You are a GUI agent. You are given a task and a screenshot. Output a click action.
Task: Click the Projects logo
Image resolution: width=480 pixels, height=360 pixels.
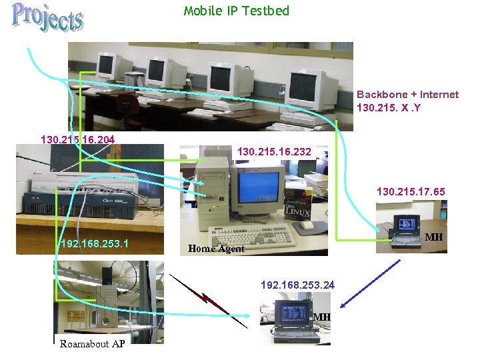pyautogui.click(x=48, y=18)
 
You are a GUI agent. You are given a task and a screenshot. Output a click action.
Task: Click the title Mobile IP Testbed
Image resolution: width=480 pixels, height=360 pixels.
pyautogui.click(x=237, y=11)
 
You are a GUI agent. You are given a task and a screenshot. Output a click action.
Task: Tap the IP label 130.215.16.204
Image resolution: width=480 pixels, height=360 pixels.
pyautogui.click(x=77, y=140)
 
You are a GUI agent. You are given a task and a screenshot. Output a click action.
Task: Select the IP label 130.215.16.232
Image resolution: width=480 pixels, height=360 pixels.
pyautogui.click(x=273, y=153)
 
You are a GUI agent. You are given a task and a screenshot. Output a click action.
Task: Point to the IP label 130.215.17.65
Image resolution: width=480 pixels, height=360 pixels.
pyautogui.click(x=411, y=191)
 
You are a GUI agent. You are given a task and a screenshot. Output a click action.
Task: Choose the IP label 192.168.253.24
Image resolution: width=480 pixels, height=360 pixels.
pyautogui.click(x=297, y=285)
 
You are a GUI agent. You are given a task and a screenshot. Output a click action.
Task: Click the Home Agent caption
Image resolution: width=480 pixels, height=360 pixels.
pyautogui.click(x=216, y=249)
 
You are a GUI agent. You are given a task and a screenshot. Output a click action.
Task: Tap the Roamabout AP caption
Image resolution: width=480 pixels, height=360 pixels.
pyautogui.click(x=91, y=344)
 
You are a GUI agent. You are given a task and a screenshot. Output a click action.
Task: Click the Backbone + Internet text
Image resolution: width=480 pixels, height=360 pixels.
pyautogui.click(x=407, y=95)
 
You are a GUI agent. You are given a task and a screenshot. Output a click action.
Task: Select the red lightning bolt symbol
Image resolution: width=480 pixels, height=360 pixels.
pyautogui.click(x=208, y=298)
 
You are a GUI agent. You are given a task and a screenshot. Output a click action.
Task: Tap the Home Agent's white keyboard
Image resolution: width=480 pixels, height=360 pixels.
pyautogui.click(x=252, y=235)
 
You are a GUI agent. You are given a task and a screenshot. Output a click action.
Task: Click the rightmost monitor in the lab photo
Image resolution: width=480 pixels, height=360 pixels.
pyautogui.click(x=306, y=87)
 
